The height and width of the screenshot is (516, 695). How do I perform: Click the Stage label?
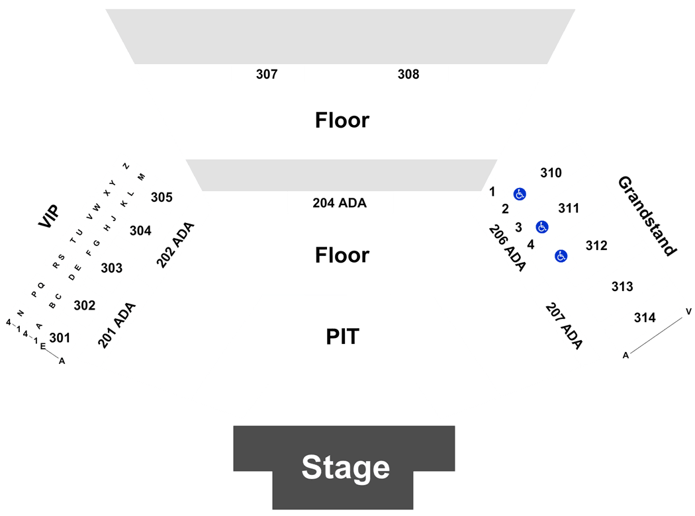point(346,467)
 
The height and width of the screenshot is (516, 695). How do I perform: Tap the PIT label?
point(343,337)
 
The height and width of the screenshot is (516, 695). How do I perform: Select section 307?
point(267,74)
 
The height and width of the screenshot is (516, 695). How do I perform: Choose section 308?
point(408,74)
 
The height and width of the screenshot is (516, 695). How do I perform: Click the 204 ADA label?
point(340,203)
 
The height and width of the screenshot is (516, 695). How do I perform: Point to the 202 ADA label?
point(175,245)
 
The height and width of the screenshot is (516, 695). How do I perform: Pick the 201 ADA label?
point(116,325)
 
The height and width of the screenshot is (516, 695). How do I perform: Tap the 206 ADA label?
point(508,248)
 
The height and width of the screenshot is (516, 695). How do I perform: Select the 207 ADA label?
point(564,326)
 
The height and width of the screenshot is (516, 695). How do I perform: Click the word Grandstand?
point(647,216)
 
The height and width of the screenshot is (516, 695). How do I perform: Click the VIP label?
point(49,216)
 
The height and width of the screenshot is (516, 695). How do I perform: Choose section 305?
point(162,197)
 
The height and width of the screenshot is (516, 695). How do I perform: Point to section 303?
point(112,268)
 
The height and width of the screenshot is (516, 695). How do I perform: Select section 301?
point(60,338)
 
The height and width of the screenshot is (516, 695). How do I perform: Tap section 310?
point(551,173)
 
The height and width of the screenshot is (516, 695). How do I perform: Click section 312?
point(596,245)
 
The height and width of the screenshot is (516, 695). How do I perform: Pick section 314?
point(645,318)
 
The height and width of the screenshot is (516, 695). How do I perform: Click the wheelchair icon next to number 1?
point(520,194)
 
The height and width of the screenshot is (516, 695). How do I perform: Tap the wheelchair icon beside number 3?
point(542,227)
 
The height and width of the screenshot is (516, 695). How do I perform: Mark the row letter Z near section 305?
point(126,166)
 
